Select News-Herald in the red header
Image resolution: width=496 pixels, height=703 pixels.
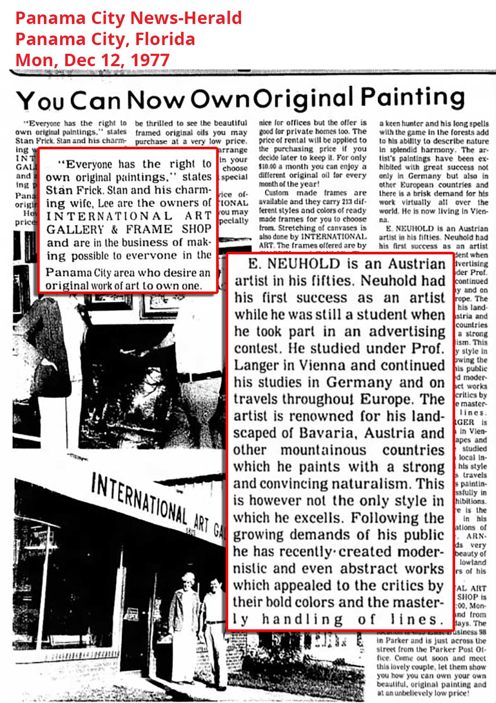point(186,18)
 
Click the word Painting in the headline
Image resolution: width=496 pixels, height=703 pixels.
point(413,98)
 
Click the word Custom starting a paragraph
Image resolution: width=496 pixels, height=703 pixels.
point(277,193)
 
